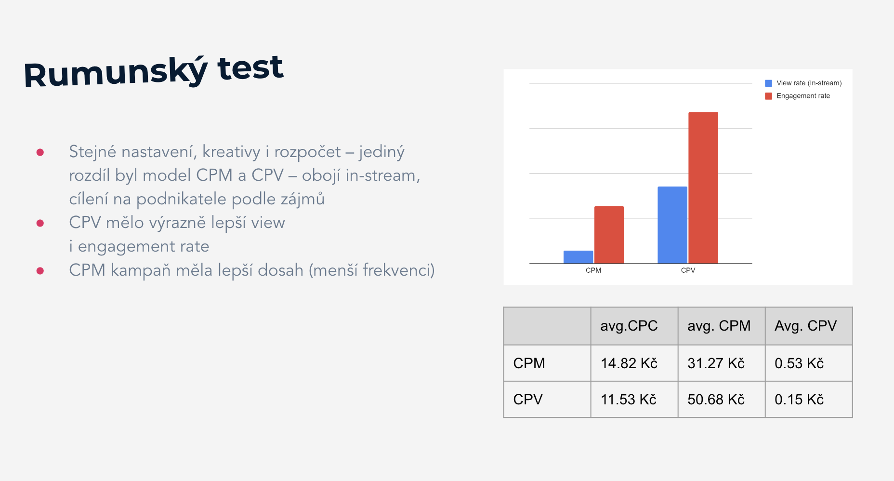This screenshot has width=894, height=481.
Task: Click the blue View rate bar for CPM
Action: tap(578, 257)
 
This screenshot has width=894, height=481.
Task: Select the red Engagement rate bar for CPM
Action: tap(609, 235)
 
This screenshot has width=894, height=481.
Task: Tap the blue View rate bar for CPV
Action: tap(672, 225)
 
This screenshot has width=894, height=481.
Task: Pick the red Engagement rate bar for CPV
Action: tap(703, 188)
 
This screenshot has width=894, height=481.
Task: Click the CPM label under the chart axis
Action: tap(593, 270)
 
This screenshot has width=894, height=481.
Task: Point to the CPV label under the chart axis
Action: tap(688, 270)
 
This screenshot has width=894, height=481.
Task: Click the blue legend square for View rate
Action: tap(768, 83)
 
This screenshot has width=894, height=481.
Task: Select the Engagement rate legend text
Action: tap(803, 96)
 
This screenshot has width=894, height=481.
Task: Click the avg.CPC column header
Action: tap(629, 326)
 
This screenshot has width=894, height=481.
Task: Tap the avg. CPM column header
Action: tap(719, 326)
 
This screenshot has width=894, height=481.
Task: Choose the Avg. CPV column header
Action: tap(805, 326)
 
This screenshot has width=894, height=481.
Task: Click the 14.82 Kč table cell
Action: tap(629, 363)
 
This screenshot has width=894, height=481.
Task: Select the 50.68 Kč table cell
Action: tap(716, 400)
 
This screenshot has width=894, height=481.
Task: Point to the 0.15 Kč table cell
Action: tap(799, 400)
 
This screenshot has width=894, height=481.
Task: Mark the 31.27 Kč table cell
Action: tap(716, 363)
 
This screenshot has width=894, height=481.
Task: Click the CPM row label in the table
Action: tap(529, 363)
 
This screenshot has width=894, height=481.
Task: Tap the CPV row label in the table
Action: tap(528, 400)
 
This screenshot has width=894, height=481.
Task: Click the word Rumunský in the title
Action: tap(116, 73)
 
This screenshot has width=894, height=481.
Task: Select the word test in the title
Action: tap(250, 68)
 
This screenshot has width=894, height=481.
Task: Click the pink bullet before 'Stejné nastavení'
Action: tap(40, 152)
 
